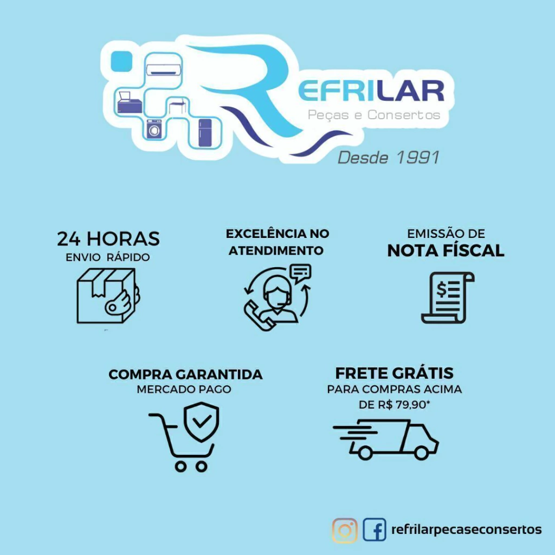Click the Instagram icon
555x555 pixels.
click(345, 530)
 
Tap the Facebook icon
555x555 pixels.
click(375, 530)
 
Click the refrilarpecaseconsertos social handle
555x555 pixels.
click(466, 530)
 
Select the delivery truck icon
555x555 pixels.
click(385, 438)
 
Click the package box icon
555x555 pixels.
click(107, 296)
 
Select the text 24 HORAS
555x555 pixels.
click(108, 238)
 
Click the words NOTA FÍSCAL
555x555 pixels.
click(446, 250)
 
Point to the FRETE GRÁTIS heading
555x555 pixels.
click(394, 373)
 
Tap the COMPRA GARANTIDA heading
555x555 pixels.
click(185, 375)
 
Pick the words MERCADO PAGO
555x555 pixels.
click(184, 389)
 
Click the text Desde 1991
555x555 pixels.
click(388, 158)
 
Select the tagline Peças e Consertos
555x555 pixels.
click(374, 115)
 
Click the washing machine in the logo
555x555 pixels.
click(154, 130)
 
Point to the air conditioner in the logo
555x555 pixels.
click(164, 67)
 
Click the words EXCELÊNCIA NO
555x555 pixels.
click(277, 234)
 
